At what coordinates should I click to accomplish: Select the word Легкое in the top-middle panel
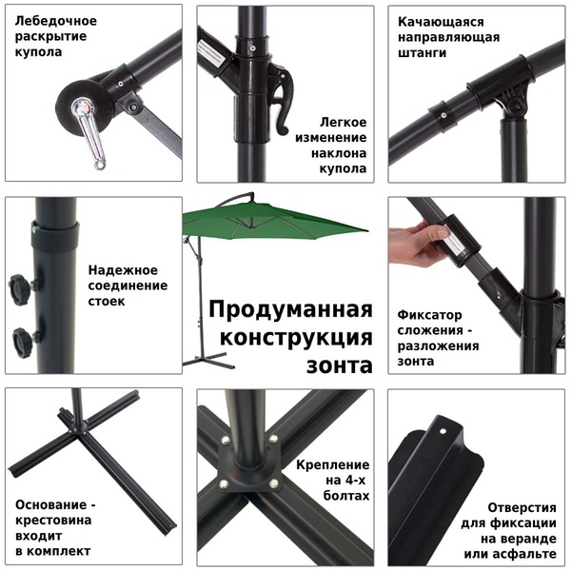pyautogui.click(x=345, y=123)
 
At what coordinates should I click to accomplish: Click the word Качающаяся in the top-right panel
pyautogui.click(x=442, y=21)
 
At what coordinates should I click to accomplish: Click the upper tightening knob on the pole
pyautogui.click(x=21, y=285)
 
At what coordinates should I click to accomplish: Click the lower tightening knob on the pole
pyautogui.click(x=21, y=339)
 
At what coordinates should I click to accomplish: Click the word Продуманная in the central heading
pyautogui.click(x=289, y=310)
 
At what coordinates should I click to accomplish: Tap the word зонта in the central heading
pyautogui.click(x=338, y=364)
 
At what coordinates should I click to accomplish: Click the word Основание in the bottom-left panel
pyautogui.click(x=54, y=504)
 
